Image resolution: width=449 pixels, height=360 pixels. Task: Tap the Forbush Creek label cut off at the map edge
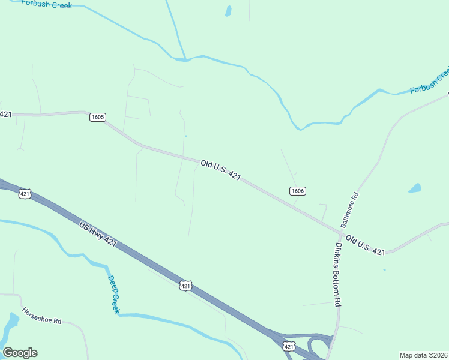[429, 82]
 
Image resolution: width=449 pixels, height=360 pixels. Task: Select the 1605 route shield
[98, 117]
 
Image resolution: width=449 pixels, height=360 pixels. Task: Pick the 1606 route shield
[298, 191]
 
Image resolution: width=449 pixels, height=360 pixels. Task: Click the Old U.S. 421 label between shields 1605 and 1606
[221, 170]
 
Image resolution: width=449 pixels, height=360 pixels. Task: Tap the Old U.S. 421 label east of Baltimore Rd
[365, 245]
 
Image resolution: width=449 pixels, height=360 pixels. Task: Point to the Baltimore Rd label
[349, 209]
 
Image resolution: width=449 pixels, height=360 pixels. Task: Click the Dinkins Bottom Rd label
[338, 275]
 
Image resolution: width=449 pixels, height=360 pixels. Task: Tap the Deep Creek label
[114, 294]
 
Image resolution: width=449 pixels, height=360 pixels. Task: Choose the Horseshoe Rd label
[42, 316]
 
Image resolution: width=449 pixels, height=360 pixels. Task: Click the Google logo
[20, 353]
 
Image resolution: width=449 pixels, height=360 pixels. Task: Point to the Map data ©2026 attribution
[423, 355]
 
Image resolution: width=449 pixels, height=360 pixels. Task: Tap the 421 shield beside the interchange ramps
[289, 347]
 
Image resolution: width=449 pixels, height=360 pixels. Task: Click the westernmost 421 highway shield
[25, 194]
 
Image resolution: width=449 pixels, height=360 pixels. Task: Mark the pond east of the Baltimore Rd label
[415, 188]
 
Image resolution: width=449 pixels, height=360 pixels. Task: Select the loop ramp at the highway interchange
[317, 347]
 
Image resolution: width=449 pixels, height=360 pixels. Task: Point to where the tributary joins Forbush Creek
[186, 59]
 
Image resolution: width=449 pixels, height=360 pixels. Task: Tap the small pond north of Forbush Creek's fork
[228, 11]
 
